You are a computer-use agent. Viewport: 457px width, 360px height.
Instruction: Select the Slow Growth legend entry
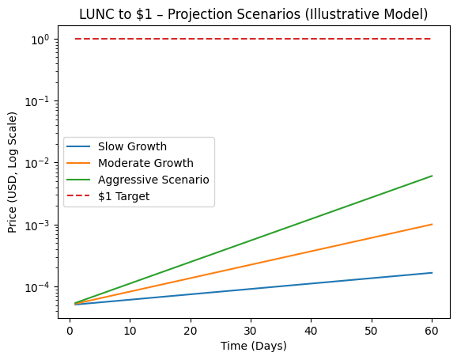click(x=132, y=146)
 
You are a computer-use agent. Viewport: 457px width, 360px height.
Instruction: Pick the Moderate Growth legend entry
click(x=145, y=163)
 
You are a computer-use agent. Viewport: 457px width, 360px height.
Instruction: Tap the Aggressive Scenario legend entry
click(x=153, y=180)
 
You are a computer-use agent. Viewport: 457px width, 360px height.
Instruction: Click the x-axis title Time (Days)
click(x=253, y=346)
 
